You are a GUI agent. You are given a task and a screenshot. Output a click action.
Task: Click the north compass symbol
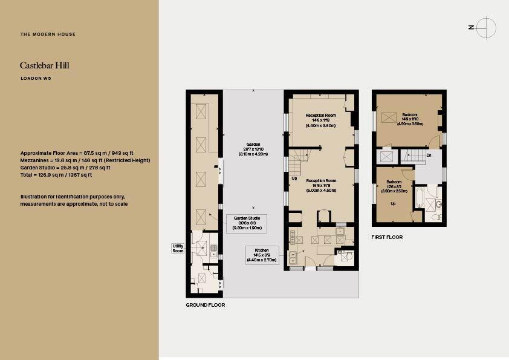(x=485, y=27)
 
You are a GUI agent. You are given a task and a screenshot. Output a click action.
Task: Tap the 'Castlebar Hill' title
(x=44, y=65)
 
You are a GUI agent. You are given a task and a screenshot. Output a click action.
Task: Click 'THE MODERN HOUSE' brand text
(x=48, y=34)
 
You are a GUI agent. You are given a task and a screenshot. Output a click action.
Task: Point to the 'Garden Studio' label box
(x=247, y=223)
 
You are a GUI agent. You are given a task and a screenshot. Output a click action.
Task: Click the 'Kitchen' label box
(x=262, y=254)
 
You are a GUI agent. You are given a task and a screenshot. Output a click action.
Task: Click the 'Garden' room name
(x=253, y=145)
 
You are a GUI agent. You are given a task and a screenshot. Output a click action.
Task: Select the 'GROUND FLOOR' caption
(x=205, y=305)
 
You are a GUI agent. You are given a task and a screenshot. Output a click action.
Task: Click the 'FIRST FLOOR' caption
(x=387, y=237)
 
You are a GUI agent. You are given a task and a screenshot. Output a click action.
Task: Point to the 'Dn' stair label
(x=429, y=155)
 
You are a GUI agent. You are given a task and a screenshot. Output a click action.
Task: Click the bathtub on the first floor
(x=419, y=198)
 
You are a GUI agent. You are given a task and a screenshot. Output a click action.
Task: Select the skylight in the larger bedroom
(x=391, y=118)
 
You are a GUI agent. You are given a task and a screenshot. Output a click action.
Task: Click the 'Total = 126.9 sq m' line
(x=56, y=175)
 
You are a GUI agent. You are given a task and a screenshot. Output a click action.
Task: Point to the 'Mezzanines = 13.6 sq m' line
(x=85, y=160)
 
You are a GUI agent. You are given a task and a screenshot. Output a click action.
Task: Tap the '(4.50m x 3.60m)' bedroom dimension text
(x=410, y=123)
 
